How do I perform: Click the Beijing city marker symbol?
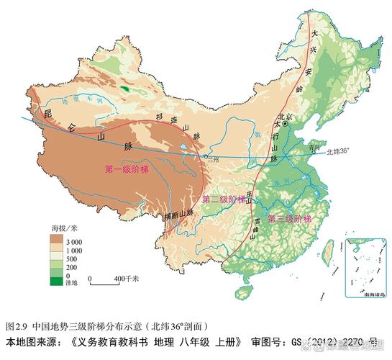click(286, 124)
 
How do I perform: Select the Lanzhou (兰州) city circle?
click(206, 156)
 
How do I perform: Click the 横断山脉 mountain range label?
click(179, 215)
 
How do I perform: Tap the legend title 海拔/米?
click(63, 228)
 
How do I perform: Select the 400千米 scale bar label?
click(127, 277)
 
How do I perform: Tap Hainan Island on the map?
click(246, 291)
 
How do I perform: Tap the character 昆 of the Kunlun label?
click(49, 115)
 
